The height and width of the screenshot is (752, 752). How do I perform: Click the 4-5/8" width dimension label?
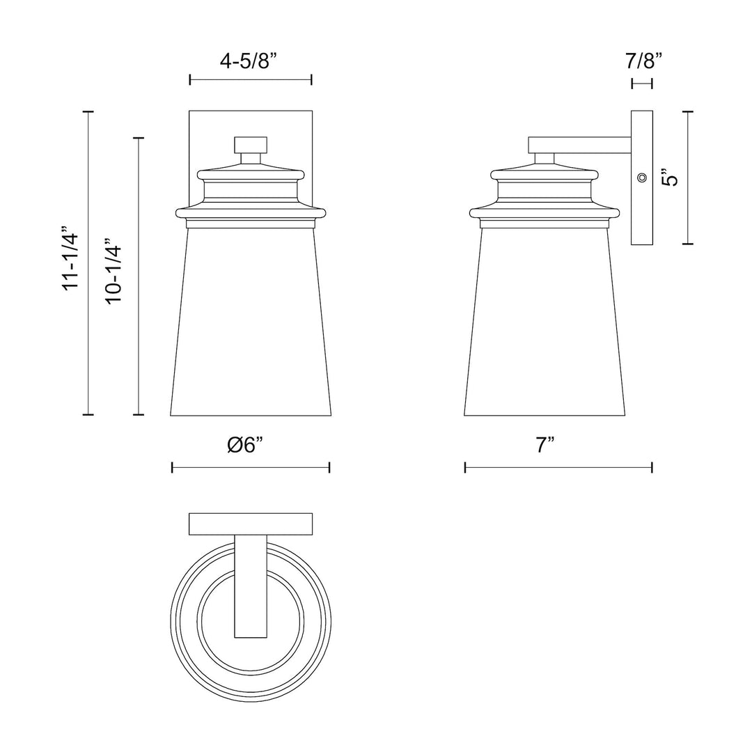pyautogui.click(x=249, y=61)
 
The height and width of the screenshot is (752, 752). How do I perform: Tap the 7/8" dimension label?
pyautogui.click(x=643, y=61)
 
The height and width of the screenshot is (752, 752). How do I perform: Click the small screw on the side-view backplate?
pyautogui.click(x=641, y=178)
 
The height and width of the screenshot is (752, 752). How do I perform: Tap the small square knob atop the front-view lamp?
pyautogui.click(x=251, y=145)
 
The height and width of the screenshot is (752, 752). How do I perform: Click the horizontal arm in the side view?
pyautogui.click(x=579, y=145)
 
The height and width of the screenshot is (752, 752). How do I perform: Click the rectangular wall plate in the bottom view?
pyautogui.click(x=251, y=524)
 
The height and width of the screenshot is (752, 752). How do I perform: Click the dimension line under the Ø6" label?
pyautogui.click(x=251, y=467)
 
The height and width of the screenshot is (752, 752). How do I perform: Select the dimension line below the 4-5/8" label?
pyautogui.click(x=251, y=80)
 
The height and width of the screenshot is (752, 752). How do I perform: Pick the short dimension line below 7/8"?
pyautogui.click(x=641, y=84)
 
